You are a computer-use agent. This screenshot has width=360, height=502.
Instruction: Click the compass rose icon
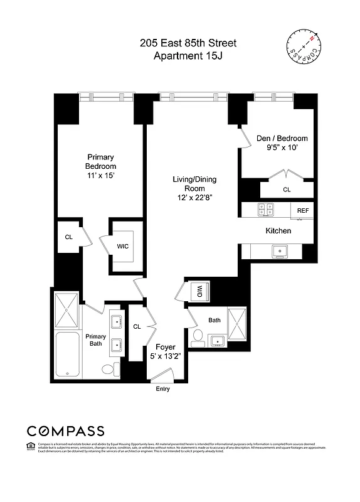[305, 47]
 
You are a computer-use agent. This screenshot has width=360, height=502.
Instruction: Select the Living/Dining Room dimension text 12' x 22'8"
[194, 198]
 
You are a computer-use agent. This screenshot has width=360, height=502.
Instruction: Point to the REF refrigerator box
[303, 211]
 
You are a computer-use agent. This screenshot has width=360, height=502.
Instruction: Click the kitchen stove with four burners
[266, 211]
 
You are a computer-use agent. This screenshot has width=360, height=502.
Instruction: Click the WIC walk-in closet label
[123, 246]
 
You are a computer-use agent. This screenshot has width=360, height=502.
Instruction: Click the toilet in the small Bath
[198, 336]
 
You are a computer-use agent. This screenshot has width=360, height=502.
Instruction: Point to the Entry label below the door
[162, 389]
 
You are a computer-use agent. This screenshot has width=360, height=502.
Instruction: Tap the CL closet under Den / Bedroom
[287, 189]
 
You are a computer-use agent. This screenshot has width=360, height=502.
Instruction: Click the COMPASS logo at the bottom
[65, 430]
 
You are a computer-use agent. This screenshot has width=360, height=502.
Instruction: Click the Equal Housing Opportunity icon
[31, 446]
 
